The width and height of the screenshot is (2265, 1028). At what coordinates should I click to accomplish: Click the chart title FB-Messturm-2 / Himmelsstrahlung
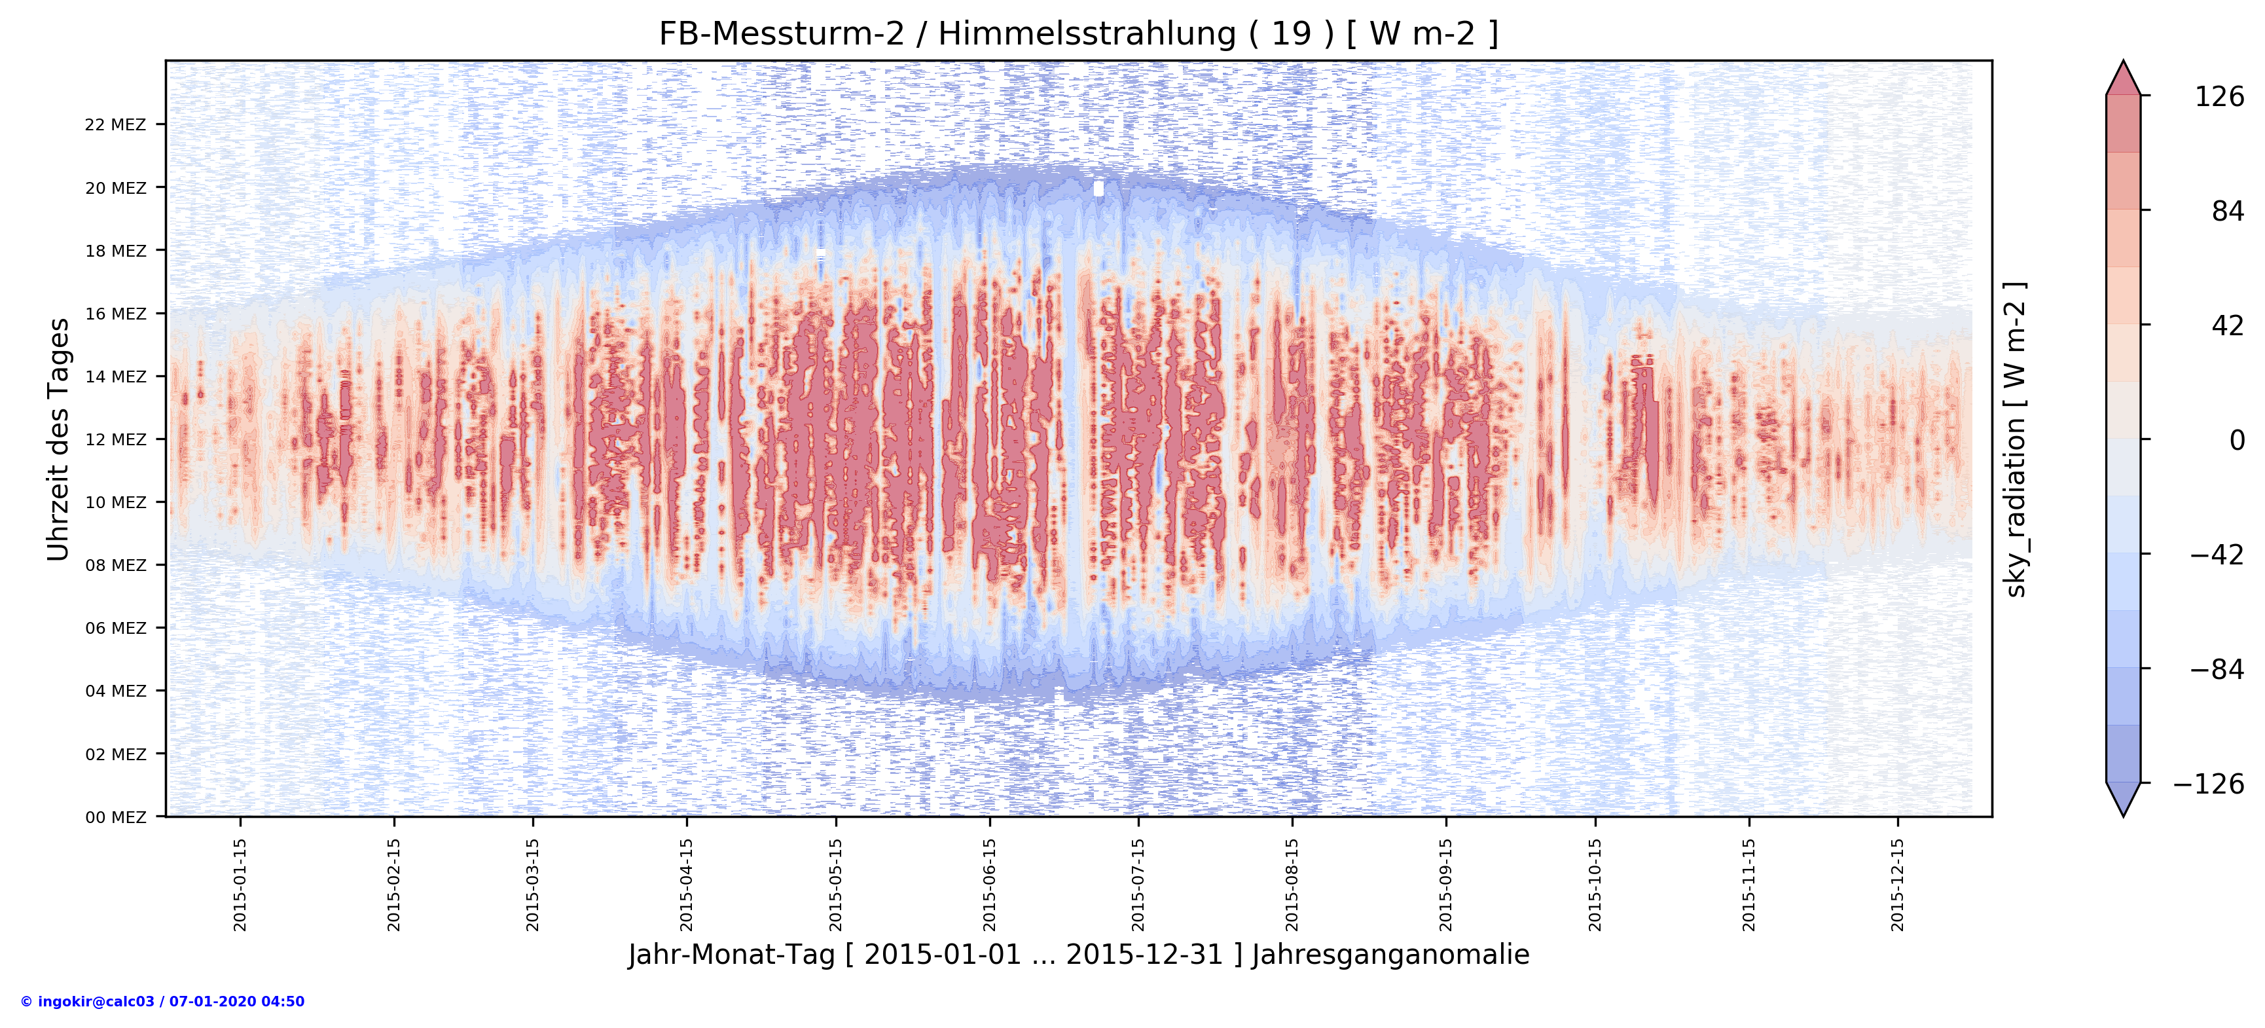(x=1078, y=33)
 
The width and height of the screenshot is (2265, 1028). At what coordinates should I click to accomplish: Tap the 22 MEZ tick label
(x=115, y=125)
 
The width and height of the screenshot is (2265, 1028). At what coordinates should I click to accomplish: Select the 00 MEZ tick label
(x=115, y=817)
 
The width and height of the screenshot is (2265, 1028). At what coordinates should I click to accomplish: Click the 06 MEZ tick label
(x=115, y=628)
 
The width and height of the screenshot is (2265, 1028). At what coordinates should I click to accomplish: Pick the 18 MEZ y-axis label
(x=115, y=251)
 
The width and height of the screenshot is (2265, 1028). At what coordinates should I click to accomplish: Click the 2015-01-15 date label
(x=240, y=884)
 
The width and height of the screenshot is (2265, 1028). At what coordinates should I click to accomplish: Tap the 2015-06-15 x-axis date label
(x=989, y=884)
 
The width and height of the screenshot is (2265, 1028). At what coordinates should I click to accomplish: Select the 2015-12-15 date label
(x=1898, y=884)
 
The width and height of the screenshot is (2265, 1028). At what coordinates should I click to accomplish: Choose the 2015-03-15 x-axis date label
(x=532, y=884)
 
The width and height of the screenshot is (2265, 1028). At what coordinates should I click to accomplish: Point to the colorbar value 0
(x=2236, y=440)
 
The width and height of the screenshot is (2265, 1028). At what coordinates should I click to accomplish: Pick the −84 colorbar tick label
(x=2216, y=669)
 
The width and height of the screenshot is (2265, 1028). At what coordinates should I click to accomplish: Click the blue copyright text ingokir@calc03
(x=162, y=1002)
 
